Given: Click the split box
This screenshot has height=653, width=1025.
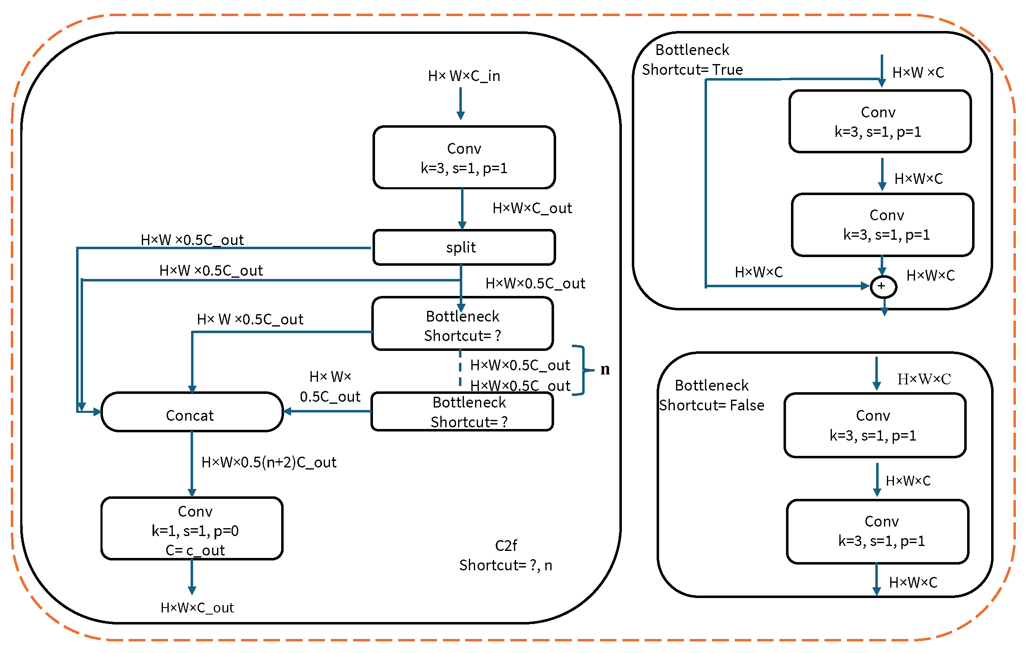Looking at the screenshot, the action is click(x=464, y=247).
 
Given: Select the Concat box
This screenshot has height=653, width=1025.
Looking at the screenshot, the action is click(x=192, y=412).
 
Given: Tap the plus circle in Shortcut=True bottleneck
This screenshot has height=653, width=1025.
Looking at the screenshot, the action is click(x=884, y=286).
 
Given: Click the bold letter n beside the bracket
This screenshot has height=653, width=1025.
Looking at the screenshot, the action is click(x=605, y=369).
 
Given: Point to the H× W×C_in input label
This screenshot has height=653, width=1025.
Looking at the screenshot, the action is click(x=464, y=76).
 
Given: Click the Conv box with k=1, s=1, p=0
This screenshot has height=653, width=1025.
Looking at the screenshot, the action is click(x=192, y=528).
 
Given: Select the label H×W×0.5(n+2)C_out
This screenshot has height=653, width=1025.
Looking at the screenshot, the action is click(x=269, y=462).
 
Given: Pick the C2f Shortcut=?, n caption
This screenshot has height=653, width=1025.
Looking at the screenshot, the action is click(x=506, y=555).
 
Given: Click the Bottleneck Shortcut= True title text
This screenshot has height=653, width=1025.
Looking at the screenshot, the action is click(x=693, y=60).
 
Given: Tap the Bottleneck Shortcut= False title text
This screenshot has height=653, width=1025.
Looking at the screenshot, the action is click(x=712, y=395).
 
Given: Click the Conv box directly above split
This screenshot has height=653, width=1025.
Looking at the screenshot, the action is click(x=464, y=157).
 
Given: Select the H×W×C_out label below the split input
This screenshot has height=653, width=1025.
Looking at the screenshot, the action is click(x=532, y=208).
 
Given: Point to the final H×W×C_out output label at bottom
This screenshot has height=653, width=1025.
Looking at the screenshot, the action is click(x=197, y=608).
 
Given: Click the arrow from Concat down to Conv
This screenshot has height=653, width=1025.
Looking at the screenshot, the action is click(x=192, y=464).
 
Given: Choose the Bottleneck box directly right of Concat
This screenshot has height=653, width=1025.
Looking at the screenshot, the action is click(x=462, y=412).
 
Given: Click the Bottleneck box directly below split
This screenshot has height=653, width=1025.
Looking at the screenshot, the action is click(x=463, y=324).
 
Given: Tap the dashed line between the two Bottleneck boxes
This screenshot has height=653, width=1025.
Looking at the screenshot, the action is click(x=460, y=368).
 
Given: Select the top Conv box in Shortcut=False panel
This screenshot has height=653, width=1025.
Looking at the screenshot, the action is click(x=875, y=425).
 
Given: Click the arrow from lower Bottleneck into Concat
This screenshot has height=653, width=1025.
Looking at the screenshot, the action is click(x=327, y=411).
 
